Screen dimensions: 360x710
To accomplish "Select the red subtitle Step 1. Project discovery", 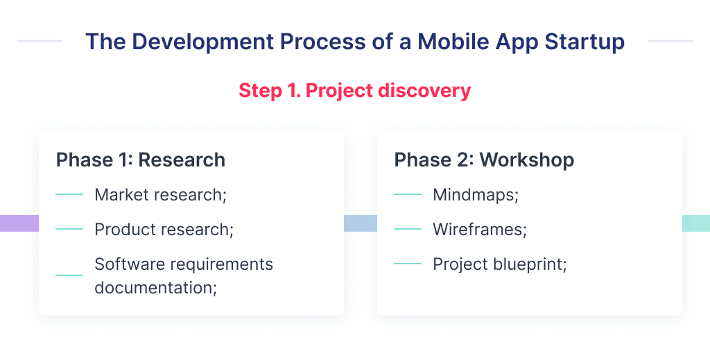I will (354, 91).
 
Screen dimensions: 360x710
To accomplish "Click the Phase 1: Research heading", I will (141, 160).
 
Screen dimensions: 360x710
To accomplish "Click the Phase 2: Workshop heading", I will (484, 160).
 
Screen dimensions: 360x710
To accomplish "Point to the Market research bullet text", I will (161, 195).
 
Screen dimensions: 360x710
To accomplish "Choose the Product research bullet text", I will (164, 230).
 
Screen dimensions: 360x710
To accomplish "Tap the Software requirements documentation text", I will (184, 275).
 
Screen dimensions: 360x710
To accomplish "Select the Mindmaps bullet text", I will (476, 195).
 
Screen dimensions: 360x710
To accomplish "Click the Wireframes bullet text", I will (479, 230).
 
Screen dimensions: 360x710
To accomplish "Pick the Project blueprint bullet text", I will (500, 264).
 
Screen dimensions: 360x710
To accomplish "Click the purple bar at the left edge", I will (19, 223).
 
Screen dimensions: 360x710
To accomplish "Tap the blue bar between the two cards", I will (360, 223).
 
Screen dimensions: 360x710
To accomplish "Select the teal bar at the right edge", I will (695, 223).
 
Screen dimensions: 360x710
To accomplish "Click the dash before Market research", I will (69, 195).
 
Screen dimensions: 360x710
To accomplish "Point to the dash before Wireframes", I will (407, 230).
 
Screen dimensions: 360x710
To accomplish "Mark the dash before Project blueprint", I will (407, 264).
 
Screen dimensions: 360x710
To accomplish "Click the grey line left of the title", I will (39, 41).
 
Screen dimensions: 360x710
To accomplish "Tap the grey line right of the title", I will (670, 41).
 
